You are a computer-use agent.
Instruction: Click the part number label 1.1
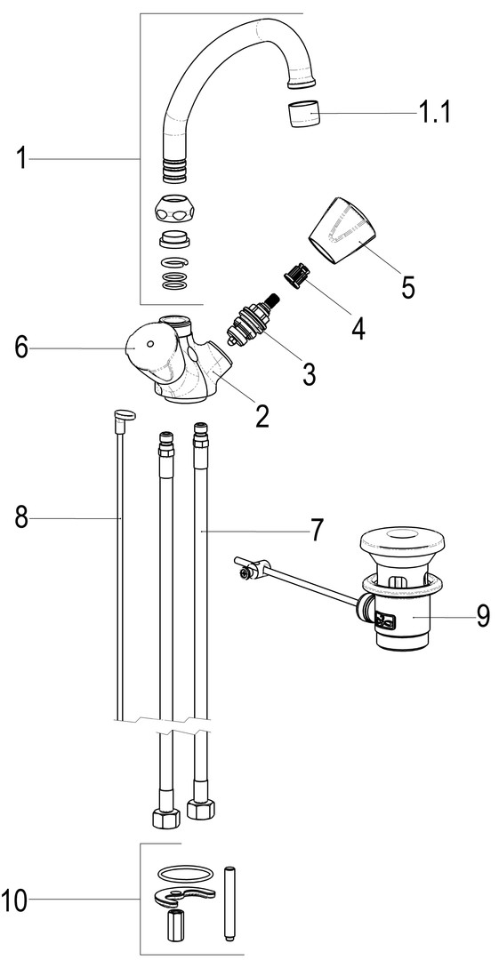click(434, 113)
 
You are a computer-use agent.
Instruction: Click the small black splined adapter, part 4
click(298, 274)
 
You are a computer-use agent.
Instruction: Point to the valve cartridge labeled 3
click(253, 317)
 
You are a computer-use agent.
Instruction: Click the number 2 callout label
click(262, 416)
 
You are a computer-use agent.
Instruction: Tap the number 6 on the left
click(21, 349)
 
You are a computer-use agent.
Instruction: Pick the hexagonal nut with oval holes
click(176, 210)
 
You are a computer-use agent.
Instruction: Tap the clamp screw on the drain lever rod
click(246, 574)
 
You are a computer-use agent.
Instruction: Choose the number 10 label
click(14, 900)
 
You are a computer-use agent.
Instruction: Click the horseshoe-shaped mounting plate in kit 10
click(183, 895)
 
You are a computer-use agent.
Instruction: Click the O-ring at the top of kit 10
click(186, 872)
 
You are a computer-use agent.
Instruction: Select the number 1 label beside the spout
click(21, 158)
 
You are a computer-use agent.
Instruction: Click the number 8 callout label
click(21, 518)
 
